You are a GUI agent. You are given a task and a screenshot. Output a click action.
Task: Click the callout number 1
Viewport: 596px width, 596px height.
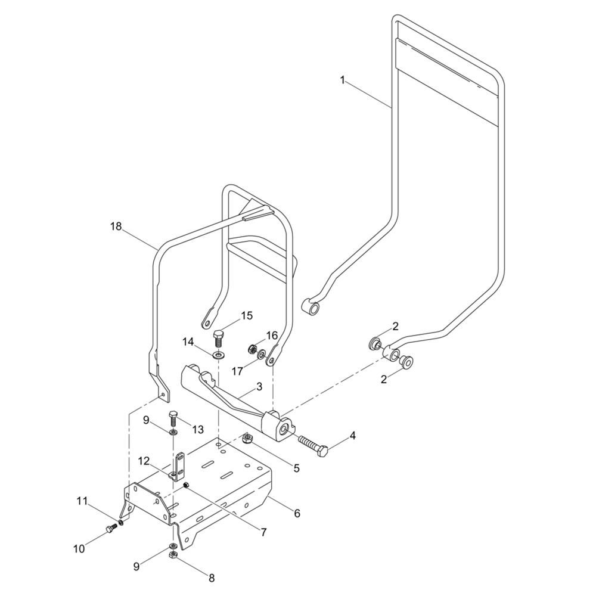[343, 80]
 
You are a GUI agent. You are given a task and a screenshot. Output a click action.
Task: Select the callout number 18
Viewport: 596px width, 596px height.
[116, 226]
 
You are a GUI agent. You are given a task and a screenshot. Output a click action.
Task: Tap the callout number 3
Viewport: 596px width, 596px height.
[259, 387]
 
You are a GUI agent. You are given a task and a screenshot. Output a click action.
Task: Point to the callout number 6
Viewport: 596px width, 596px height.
[297, 513]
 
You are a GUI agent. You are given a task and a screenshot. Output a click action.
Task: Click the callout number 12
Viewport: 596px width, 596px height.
[143, 461]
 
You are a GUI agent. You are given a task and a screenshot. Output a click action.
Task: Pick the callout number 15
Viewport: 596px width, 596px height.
[247, 316]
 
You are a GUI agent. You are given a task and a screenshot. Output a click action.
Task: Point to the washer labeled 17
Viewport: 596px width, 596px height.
[261, 355]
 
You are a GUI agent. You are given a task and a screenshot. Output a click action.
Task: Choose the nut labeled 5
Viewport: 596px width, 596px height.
[247, 439]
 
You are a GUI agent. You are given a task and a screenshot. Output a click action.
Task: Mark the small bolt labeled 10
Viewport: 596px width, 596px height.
[111, 527]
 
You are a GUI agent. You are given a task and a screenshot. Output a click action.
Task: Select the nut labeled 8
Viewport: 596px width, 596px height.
[172, 555]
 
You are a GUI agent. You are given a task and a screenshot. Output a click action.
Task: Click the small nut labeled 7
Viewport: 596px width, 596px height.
[186, 485]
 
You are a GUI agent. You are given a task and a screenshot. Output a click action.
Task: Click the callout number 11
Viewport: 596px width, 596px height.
[82, 501]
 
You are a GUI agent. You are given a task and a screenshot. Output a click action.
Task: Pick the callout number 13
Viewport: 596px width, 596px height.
[198, 430]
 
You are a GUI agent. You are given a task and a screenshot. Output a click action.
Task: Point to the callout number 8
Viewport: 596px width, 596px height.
[212, 578]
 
